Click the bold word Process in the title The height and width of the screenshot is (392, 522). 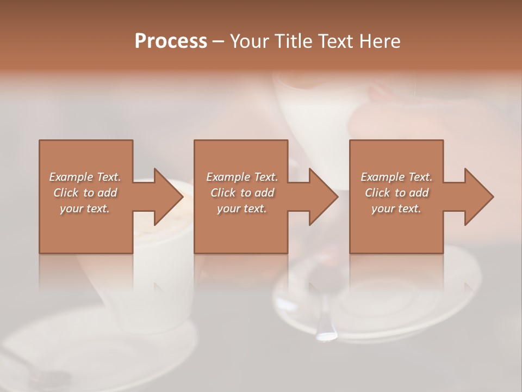171,41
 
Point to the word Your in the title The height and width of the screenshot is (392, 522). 247,41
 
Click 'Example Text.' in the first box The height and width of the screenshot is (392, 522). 85,177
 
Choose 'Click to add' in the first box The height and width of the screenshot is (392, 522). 85,193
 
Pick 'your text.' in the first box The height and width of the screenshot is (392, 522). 85,209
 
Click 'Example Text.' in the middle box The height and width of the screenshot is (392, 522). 242,177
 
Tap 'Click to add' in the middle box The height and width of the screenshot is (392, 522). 242,193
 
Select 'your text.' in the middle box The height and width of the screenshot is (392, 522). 242,209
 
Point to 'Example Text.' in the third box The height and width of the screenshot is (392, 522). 396,177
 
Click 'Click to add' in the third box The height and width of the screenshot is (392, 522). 396,193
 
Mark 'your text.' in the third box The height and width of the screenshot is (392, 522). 396,209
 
